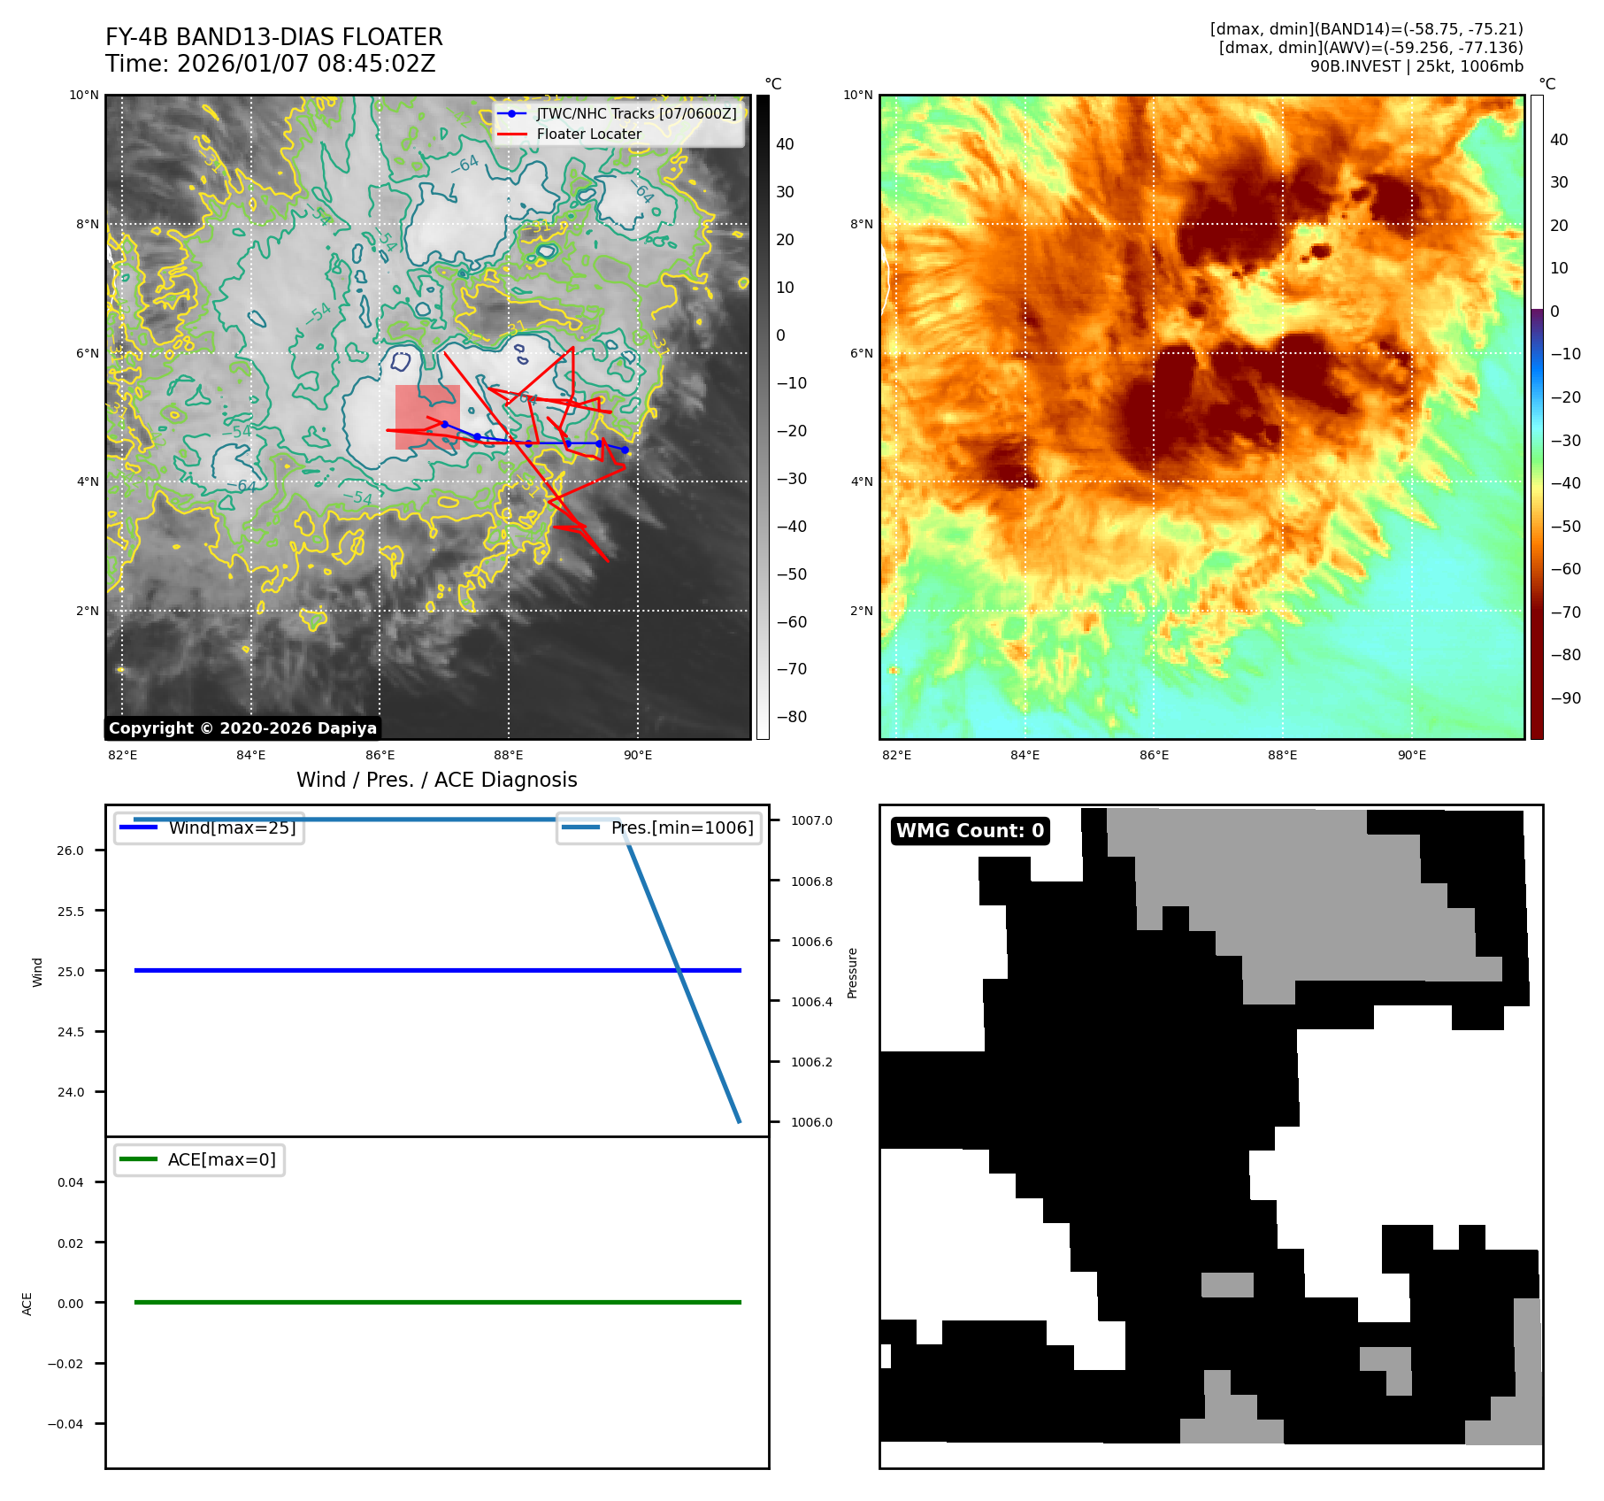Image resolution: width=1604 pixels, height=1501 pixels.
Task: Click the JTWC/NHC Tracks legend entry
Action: click(635, 114)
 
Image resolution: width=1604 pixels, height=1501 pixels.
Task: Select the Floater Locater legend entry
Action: click(588, 135)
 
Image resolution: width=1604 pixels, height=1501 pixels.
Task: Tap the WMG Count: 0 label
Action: click(970, 831)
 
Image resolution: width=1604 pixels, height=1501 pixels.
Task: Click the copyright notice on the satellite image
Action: click(243, 728)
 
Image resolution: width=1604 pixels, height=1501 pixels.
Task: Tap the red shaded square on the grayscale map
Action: click(427, 417)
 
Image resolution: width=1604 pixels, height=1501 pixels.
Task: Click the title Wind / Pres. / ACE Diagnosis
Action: click(436, 780)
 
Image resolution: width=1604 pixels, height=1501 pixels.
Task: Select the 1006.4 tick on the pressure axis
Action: click(811, 1002)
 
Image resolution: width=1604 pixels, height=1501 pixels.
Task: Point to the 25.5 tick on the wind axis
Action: click(71, 911)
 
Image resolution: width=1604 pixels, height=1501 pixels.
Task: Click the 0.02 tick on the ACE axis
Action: click(71, 1243)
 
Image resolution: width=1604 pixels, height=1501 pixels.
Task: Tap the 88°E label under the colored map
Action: click(1282, 756)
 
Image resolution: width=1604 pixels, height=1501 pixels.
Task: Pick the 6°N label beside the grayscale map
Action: click(88, 354)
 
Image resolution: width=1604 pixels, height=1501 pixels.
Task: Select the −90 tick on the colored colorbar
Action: click(1565, 698)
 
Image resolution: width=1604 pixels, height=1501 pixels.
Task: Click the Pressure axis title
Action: click(853, 973)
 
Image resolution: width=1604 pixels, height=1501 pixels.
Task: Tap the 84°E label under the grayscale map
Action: click(251, 756)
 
